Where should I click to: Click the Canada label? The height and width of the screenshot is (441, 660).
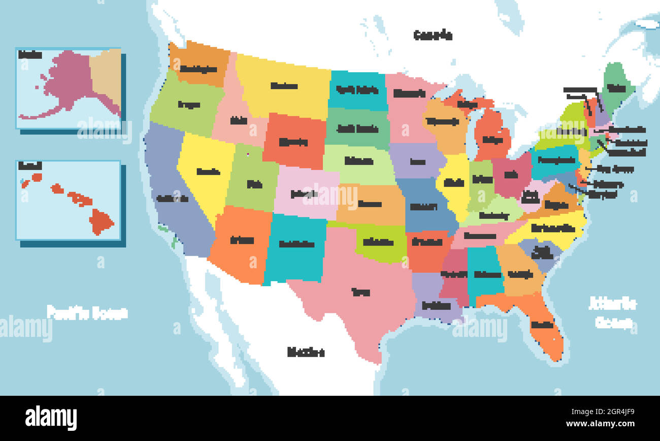click(x=433, y=35)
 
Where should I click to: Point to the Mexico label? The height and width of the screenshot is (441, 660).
click(x=306, y=352)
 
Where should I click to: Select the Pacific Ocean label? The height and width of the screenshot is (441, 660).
click(x=87, y=312)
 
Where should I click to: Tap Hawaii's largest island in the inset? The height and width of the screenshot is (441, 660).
click(x=101, y=222)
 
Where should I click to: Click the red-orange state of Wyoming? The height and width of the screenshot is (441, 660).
click(x=293, y=142)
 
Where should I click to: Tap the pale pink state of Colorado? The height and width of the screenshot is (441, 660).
click(x=305, y=193)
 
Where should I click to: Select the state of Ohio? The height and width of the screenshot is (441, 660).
click(x=511, y=175)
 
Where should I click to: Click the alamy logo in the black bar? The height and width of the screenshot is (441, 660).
click(x=51, y=418)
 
